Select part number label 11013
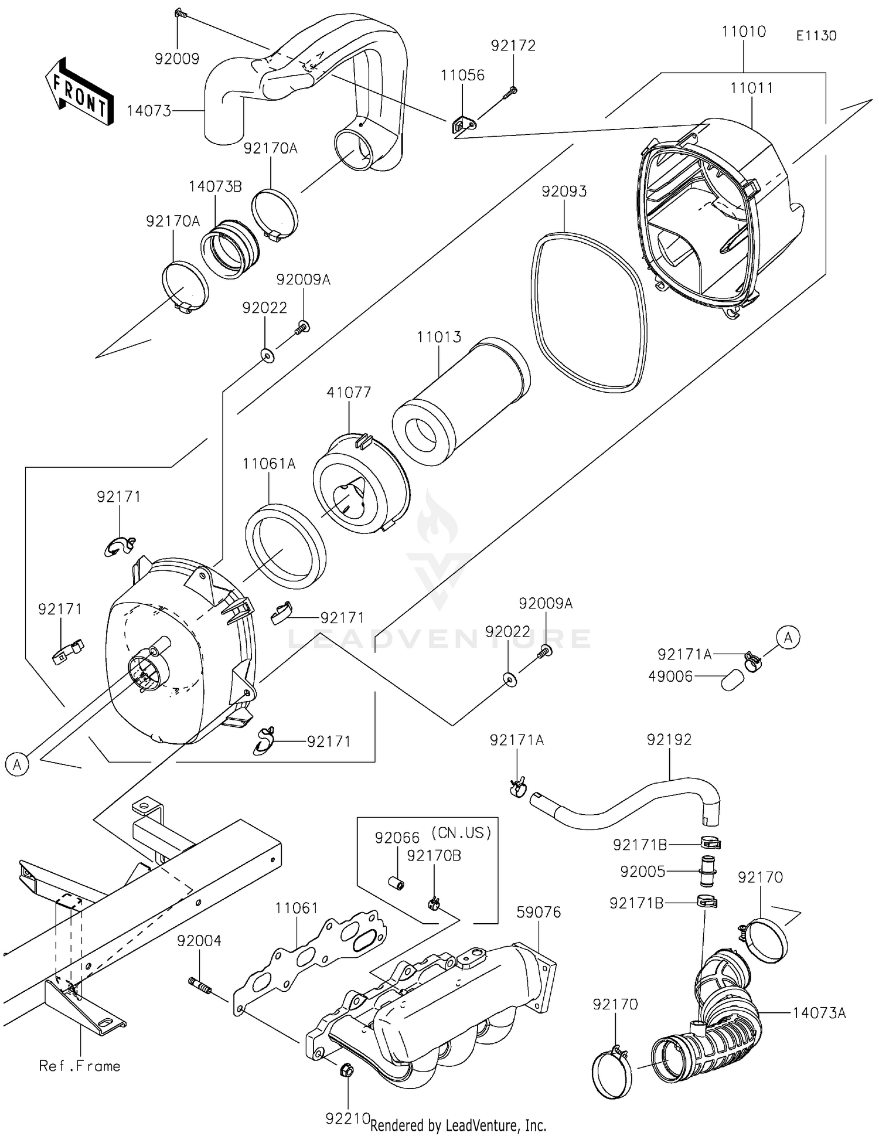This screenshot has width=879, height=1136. point(438,337)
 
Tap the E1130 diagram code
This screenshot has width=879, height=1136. point(816,36)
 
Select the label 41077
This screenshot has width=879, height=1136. point(349,392)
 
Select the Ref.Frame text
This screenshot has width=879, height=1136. point(80,1066)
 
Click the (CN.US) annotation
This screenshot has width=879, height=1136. point(461,833)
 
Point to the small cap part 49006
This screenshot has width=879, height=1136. point(732,681)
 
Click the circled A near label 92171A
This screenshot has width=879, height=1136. point(788,637)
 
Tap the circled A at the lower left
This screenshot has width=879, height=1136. point(18,764)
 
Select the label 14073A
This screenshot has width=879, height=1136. point(819,1012)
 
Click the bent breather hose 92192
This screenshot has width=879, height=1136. point(627,800)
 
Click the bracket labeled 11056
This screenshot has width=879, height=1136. point(463,125)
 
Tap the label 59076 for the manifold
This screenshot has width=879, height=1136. point(539,911)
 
